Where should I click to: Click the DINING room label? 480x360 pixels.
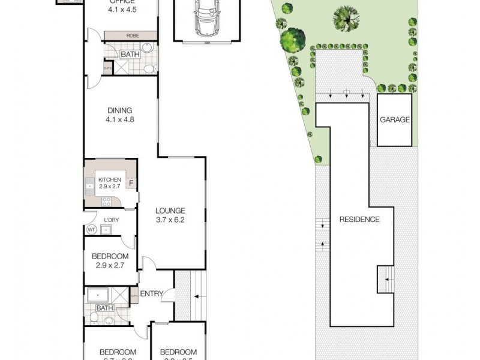[120, 110]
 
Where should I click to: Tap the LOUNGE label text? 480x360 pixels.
[170, 211]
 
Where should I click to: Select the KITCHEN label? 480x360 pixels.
[110, 180]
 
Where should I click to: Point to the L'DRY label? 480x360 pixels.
[110, 220]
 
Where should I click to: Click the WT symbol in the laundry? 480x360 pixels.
[92, 229]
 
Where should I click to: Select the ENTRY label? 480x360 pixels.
[152, 293]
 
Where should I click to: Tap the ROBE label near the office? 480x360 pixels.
[132, 36]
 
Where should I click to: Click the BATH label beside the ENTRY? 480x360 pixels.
[104, 308]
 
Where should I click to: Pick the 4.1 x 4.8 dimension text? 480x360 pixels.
[120, 119]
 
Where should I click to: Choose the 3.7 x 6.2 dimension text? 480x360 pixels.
[170, 220]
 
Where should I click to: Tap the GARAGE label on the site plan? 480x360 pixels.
[395, 119]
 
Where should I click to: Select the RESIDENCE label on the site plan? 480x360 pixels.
[359, 219]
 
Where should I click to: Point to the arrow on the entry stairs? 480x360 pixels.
[196, 296]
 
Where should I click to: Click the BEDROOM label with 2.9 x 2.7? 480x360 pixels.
[110, 256]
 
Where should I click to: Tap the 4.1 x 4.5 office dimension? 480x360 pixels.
[122, 10]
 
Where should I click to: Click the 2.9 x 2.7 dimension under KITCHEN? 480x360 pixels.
[110, 187]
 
